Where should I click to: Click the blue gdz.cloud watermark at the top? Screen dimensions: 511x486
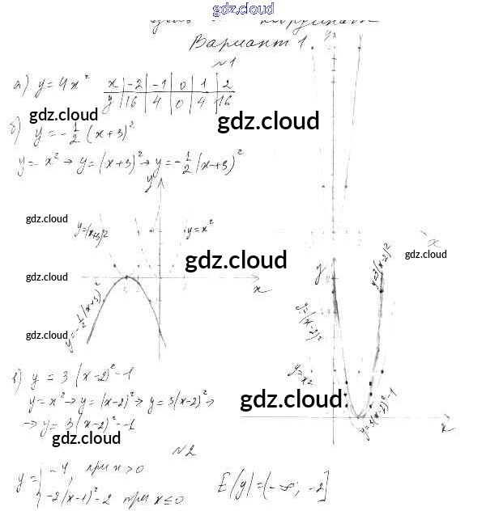243,9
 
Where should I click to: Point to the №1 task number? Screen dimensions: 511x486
224,62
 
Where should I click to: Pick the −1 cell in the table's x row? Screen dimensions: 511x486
159,84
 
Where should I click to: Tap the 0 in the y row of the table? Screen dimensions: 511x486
183,102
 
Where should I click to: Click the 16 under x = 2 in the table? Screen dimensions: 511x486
224,102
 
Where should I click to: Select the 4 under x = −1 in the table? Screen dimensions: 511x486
159,102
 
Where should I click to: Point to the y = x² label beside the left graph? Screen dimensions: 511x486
199,230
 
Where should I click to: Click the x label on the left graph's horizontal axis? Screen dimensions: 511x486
258,288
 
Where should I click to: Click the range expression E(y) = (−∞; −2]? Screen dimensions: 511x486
272,485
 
